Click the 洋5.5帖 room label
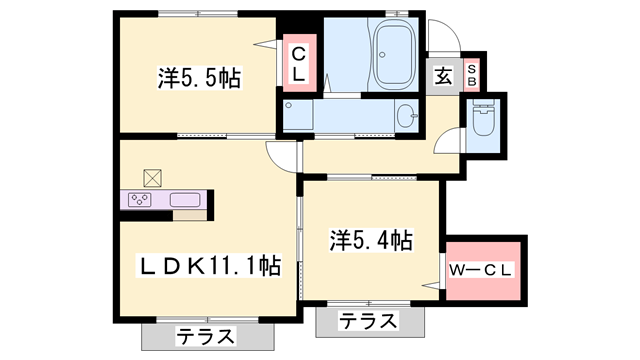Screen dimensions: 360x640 (198, 79)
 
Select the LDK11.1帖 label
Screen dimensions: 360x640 (207, 265)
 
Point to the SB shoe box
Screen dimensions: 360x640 (472, 73)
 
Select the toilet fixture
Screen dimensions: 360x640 (482, 122)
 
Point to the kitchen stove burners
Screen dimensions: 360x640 (141, 200)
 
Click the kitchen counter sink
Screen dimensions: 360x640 (185, 200)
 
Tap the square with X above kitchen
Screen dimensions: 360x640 (152, 178)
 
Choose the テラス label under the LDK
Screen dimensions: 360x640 (207, 336)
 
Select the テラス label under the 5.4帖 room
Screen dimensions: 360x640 (367, 321)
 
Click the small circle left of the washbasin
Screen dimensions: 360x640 (289, 105)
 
